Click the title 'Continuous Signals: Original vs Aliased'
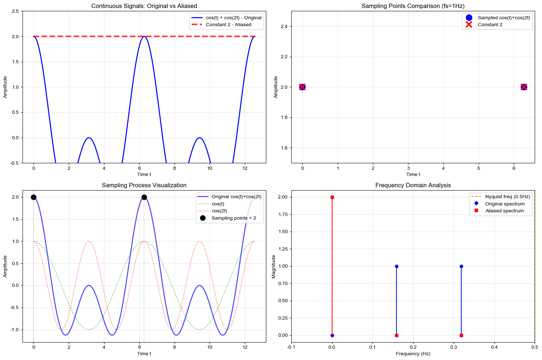[144, 6]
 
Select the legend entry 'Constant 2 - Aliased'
[228, 25]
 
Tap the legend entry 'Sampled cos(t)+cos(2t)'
[504, 17]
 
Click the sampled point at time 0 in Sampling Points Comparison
[302, 87]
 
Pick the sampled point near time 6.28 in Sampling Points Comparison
[524, 87]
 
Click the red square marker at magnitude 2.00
[332, 197]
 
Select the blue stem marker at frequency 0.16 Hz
[396, 266]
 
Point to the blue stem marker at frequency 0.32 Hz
[461, 266]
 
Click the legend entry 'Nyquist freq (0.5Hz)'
[507, 197]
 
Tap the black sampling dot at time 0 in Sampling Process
[33, 197]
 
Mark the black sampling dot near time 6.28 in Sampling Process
[144, 197]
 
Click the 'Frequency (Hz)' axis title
[413, 353]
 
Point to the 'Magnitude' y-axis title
[274, 267]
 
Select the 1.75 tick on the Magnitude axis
[282, 215]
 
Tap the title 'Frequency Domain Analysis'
[413, 185]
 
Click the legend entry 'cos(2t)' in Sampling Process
[219, 211]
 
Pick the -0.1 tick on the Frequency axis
[291, 347]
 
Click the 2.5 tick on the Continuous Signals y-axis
[16, 11]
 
